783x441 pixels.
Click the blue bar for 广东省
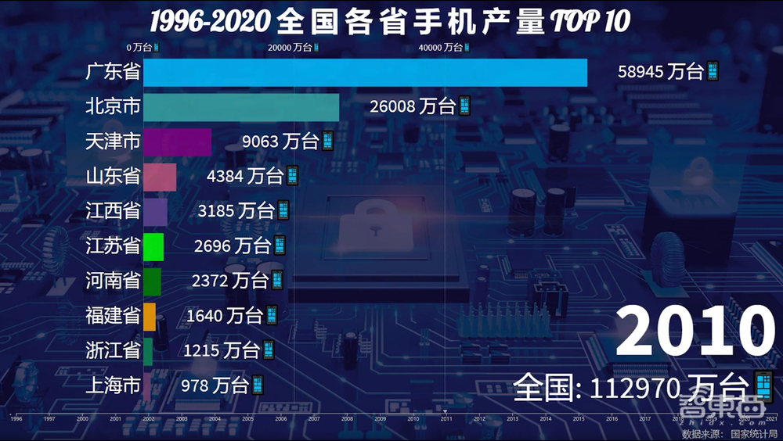(x=365, y=73)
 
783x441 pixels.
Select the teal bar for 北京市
(x=241, y=107)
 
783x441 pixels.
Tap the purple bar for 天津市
(x=177, y=142)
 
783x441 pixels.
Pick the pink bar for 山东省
(x=160, y=177)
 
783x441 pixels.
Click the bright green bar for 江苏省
(x=153, y=246)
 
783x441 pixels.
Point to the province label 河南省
(x=113, y=281)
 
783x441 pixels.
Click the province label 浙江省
(x=113, y=350)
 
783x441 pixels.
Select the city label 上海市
(x=113, y=385)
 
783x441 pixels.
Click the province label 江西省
(x=113, y=211)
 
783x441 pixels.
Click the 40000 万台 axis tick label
(x=441, y=48)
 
